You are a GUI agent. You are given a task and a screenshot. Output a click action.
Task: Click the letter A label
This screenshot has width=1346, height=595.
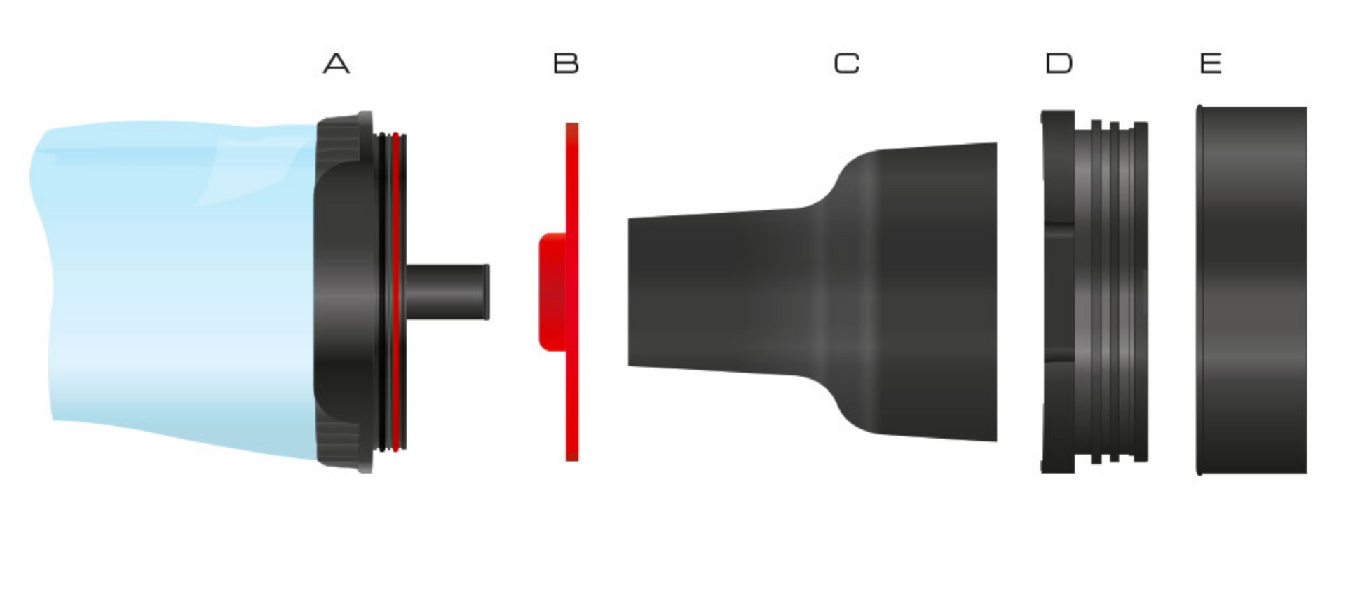pyautogui.click(x=336, y=64)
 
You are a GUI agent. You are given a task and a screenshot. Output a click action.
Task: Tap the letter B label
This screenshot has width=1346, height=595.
pyautogui.click(x=566, y=64)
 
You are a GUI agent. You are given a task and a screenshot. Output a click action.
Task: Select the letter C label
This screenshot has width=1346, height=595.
pyautogui.click(x=847, y=64)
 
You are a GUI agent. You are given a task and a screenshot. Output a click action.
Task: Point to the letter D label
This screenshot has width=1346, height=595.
pyautogui.click(x=1059, y=64)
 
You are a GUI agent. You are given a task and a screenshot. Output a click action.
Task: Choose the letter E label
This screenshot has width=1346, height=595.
pyautogui.click(x=1211, y=64)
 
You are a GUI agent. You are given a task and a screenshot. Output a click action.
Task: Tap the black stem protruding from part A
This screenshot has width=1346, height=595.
pyautogui.click(x=447, y=292)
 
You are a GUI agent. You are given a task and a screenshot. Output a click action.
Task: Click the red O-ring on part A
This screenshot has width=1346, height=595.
pyautogui.click(x=396, y=292)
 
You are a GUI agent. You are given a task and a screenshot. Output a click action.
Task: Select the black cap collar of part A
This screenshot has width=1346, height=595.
pyautogui.click(x=344, y=292)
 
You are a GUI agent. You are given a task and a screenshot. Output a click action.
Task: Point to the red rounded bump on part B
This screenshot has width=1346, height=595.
pyautogui.click(x=552, y=292)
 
